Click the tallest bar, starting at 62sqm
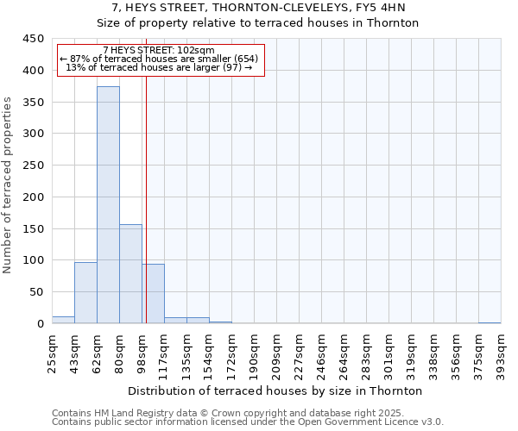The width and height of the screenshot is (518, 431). pos(108,205)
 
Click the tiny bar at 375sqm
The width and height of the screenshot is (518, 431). pos(490,322)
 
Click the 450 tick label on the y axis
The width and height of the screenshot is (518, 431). pos(34,39)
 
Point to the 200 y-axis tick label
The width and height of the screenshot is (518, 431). pos(34,197)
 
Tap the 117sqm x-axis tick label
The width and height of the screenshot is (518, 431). pos(164,354)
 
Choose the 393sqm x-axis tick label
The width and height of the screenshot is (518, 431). pos(501,354)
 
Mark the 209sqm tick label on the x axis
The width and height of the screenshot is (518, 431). pos(276,354)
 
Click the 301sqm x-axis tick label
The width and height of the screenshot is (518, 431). pos(388,354)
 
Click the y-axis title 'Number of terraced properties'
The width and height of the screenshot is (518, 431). pos(9,184)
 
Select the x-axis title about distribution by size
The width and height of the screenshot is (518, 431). pos(275,390)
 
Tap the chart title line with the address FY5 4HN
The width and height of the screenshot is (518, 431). pos(259,8)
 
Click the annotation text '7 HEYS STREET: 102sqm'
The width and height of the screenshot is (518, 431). pos(159,51)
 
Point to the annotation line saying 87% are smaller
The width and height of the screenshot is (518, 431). pos(159,59)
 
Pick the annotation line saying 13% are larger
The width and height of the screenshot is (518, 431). pos(159,67)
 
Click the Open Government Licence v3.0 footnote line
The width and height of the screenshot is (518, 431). pos(248,422)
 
